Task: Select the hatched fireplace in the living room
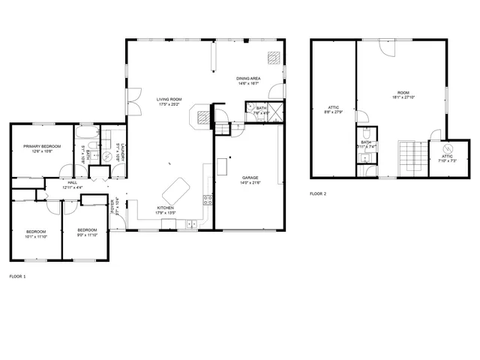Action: click(x=203, y=116)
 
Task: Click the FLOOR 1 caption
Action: click(x=17, y=277)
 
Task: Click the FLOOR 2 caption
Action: click(x=318, y=193)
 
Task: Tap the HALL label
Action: click(x=73, y=184)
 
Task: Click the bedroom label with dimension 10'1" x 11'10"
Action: click(x=36, y=234)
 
